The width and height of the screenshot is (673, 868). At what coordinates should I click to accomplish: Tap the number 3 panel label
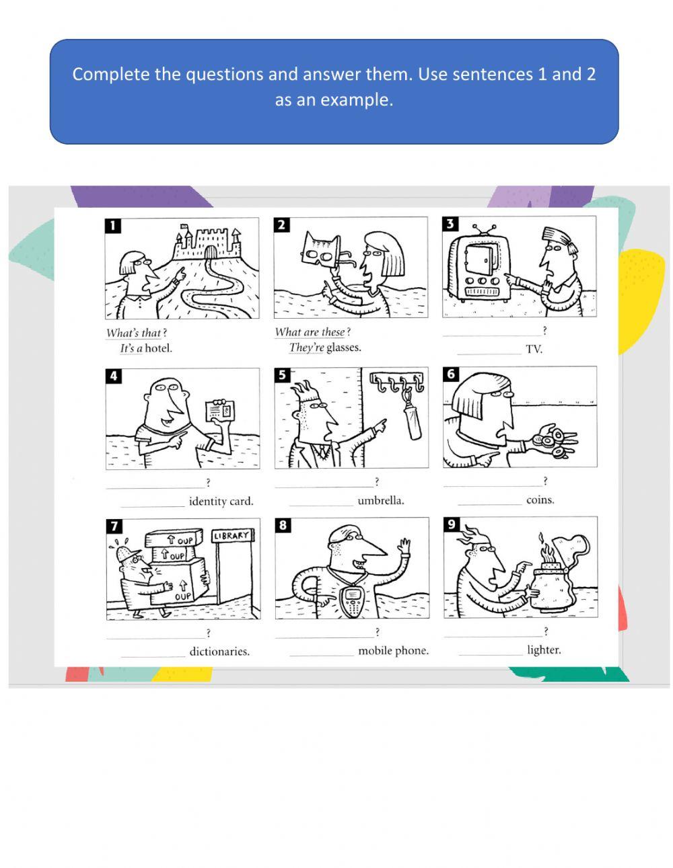point(450,224)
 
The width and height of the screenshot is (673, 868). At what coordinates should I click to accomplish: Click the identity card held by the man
point(221,409)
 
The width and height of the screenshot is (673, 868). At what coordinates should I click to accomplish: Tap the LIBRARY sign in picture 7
point(233,536)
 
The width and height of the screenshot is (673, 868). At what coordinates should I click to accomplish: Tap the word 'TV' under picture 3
point(534,349)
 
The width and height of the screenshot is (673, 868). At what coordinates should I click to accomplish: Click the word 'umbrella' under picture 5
point(381,501)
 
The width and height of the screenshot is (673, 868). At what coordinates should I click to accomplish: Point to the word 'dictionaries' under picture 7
point(219,652)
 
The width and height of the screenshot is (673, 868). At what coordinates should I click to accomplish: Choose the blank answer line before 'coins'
point(489,502)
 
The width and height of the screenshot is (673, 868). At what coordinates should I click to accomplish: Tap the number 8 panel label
point(283,525)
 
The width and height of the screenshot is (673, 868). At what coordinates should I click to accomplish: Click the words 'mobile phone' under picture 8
point(393,651)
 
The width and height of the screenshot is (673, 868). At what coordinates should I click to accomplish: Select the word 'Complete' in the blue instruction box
point(111,74)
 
